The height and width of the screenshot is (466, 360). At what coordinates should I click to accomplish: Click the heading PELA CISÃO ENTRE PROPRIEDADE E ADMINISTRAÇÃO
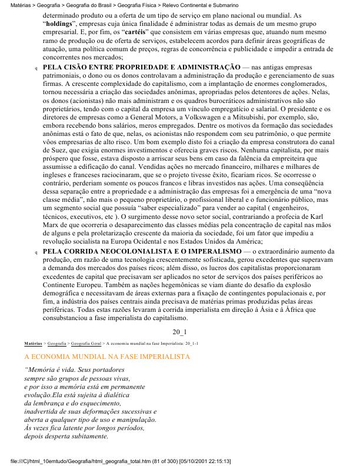[x=142, y=68]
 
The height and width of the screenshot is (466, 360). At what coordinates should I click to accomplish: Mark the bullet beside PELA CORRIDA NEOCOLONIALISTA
[x=36, y=252]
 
